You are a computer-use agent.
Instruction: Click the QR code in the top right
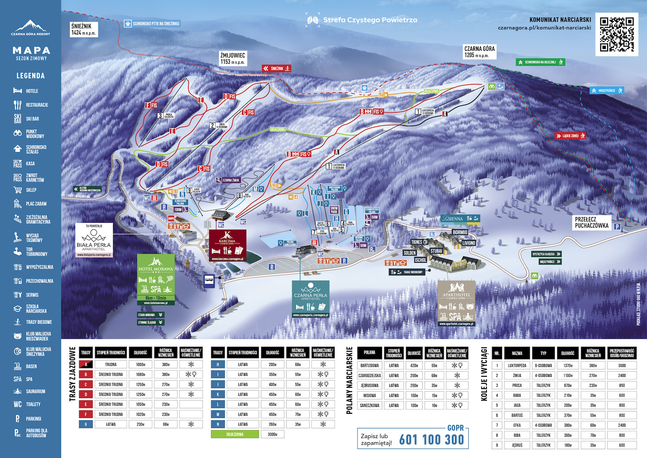pos(617,34)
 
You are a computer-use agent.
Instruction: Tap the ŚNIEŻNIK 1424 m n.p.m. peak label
pos(84,29)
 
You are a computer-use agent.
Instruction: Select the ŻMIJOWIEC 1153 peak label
pos(233,58)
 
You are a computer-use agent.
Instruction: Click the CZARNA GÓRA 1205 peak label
pos(479,52)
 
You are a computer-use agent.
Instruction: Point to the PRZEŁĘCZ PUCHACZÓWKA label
pos(591,223)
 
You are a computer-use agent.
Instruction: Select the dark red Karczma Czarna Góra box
pos(227,246)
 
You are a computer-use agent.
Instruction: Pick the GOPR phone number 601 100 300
pos(431,440)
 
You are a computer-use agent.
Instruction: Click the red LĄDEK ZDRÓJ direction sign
pos(570,136)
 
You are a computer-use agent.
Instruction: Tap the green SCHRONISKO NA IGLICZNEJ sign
pos(540,62)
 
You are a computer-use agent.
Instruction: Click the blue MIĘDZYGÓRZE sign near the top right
pos(606,90)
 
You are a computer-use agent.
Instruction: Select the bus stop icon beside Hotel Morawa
pos(209,281)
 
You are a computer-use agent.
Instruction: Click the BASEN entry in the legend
pos(31,366)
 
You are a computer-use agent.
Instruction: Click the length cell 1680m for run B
pos(141,374)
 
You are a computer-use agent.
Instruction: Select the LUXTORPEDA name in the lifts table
pos(517,366)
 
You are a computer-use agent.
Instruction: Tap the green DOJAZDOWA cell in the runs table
pos(235,434)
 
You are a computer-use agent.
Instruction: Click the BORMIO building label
pos(460,232)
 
